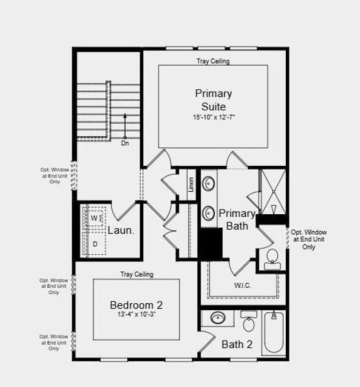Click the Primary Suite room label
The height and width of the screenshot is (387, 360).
pyautogui.click(x=214, y=99)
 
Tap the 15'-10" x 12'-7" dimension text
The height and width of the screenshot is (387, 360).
pyautogui.click(x=214, y=118)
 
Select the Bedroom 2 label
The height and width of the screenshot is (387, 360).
pyautogui.click(x=136, y=304)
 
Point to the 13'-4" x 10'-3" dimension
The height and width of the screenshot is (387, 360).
pyautogui.click(x=136, y=315)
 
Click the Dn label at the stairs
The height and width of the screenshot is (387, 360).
pyautogui.click(x=125, y=143)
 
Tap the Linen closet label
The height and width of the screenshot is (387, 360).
pyautogui.click(x=191, y=184)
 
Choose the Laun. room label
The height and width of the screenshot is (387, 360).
pyautogui.click(x=121, y=230)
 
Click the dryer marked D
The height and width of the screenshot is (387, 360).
pyautogui.click(x=95, y=244)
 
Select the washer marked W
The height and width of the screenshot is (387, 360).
pyautogui.click(x=95, y=219)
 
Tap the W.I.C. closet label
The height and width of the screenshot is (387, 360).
pyautogui.click(x=243, y=285)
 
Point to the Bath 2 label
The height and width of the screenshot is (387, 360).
pyautogui.click(x=237, y=344)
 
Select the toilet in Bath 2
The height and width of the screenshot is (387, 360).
pyautogui.click(x=248, y=322)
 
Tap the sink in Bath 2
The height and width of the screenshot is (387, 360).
pyautogui.click(x=218, y=319)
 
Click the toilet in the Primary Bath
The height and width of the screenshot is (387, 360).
pyautogui.click(x=272, y=257)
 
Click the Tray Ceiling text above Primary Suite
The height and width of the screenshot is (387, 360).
pyautogui.click(x=213, y=61)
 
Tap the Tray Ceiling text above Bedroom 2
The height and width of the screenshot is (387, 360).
pyautogui.click(x=137, y=274)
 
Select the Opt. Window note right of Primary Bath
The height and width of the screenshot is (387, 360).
pyautogui.click(x=308, y=239)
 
